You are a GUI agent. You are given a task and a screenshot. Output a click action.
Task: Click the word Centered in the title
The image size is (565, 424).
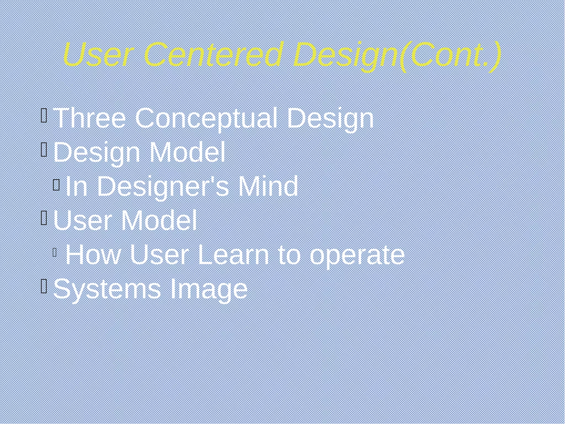tap(214, 54)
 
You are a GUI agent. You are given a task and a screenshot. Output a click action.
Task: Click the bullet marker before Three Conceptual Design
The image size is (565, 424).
tap(44, 115)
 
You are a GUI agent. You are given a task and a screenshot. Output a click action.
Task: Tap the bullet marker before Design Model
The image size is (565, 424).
tap(44, 150)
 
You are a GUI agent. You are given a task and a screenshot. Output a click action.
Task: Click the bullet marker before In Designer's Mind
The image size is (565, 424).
tap(56, 184)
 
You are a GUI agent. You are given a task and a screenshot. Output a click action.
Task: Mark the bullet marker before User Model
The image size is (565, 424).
tap(44, 218)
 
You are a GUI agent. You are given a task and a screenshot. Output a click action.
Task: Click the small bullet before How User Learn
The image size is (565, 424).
tap(54, 252)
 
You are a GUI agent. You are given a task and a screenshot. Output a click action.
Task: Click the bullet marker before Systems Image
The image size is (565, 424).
tap(44, 286)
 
